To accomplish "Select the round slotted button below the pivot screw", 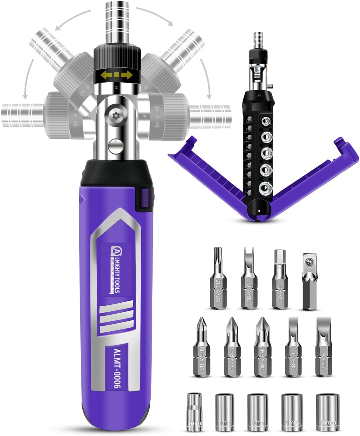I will click(x=115, y=145).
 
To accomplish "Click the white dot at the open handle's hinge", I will click(x=259, y=211).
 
